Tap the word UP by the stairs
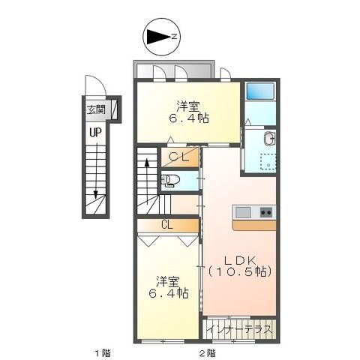[x=95, y=132]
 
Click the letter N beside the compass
[x=174, y=37]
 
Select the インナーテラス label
[x=238, y=329]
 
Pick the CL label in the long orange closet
[x=167, y=223]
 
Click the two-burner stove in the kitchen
[x=265, y=212]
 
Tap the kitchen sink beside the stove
[x=244, y=212]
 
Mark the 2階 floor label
[x=208, y=352]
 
